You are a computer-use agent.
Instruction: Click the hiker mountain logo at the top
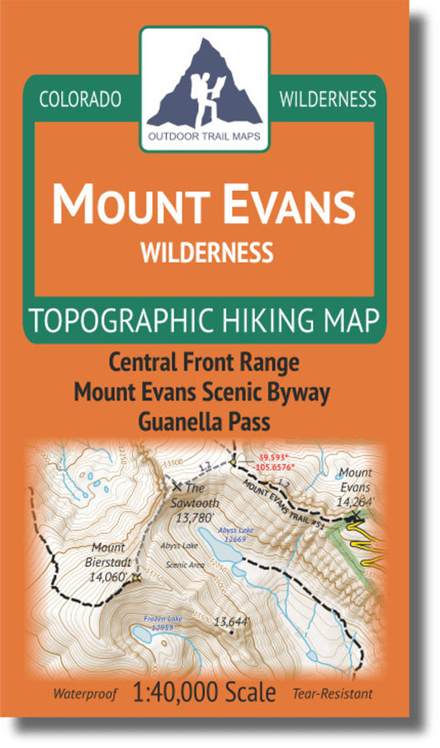coord(204,80)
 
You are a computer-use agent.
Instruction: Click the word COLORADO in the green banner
coord(81,99)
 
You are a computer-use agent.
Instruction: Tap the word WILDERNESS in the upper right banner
coord(328,99)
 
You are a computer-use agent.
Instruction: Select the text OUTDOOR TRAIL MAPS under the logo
coord(204,137)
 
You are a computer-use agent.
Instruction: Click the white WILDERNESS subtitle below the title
coord(206,249)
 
